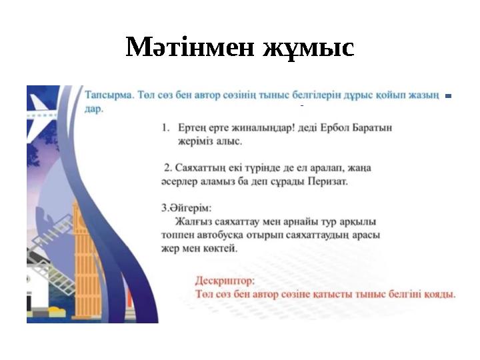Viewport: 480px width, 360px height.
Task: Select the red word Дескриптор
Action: click(225, 281)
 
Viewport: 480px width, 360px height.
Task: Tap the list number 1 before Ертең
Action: click(165, 127)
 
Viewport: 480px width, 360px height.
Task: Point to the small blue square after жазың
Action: click(448, 97)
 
